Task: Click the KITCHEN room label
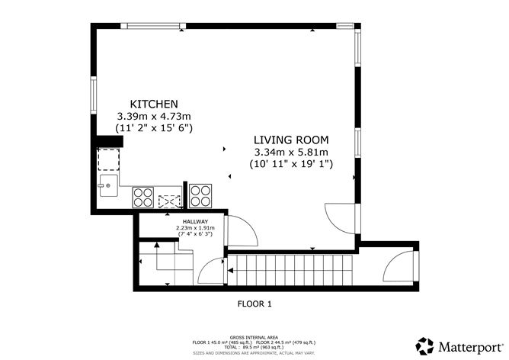click(154, 104)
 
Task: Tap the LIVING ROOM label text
click(291, 140)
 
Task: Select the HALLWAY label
click(195, 221)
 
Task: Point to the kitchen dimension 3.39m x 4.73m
click(153, 116)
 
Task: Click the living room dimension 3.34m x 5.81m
click(291, 152)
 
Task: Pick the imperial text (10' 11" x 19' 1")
click(291, 164)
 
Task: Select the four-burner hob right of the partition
click(200, 196)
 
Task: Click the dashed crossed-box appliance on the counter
click(168, 201)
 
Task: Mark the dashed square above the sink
click(108, 160)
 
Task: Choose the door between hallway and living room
click(240, 230)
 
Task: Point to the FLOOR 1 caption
click(254, 304)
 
